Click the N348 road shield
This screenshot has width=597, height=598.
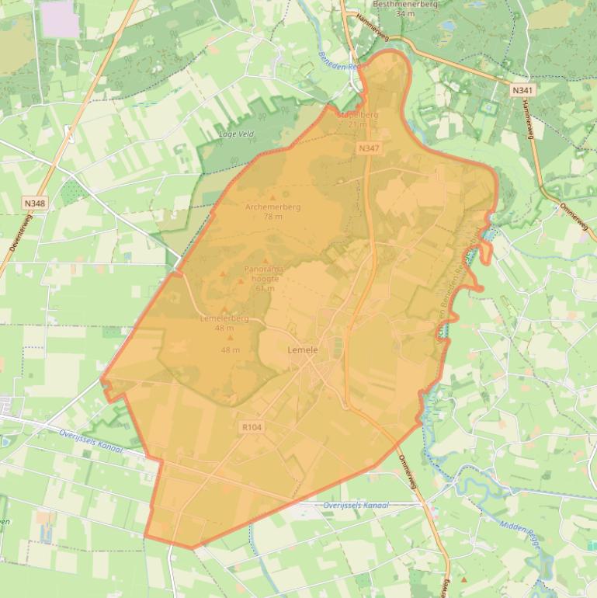click(x=34, y=203)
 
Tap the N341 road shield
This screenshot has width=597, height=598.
click(x=522, y=91)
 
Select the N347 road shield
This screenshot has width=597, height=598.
click(x=369, y=148)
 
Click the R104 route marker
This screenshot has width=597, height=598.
click(x=252, y=427)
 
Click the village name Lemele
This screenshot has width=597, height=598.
click(x=303, y=350)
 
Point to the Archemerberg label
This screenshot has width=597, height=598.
click(x=272, y=207)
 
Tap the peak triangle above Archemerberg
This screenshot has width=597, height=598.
click(x=272, y=197)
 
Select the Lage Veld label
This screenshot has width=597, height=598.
click(x=237, y=134)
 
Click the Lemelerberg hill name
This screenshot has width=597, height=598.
click(x=224, y=318)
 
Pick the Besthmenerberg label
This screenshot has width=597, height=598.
click(x=405, y=4)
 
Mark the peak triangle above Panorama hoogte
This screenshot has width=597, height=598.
click(x=266, y=261)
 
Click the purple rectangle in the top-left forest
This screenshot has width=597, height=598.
click(x=59, y=19)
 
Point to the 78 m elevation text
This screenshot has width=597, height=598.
click(x=272, y=217)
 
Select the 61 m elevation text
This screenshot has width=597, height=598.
click(x=265, y=288)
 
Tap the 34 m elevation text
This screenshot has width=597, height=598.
click(x=404, y=13)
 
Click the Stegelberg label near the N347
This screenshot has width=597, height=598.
click(x=358, y=115)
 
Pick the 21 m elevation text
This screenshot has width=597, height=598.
click(x=357, y=124)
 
